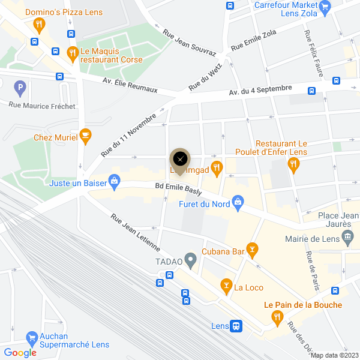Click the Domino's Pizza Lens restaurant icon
coord(40,25)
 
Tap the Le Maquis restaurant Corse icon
coord(73,53)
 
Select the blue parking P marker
coord(20,88)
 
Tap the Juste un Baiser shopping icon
coord(115,182)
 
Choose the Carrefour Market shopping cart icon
coord(325,8)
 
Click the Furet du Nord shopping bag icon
coord(238,202)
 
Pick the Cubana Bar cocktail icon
coord(253,248)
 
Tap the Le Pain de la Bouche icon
coord(277,317)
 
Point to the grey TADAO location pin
coord(191,260)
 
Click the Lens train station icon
coord(237,326)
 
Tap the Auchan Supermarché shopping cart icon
coord(31,338)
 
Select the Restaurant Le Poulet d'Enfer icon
coord(293,166)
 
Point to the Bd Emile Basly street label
coord(178,188)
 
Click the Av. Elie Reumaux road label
coord(130,85)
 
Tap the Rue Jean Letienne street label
coord(135,232)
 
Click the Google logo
coord(20,353)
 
